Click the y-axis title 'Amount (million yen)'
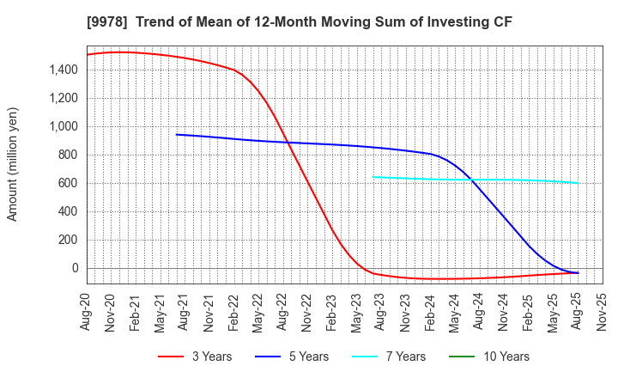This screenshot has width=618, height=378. (x=13, y=164)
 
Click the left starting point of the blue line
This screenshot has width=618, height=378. (x=177, y=134)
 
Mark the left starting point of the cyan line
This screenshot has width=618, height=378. (x=373, y=177)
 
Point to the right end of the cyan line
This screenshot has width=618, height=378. (x=578, y=182)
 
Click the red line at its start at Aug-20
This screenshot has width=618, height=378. (x=88, y=55)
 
